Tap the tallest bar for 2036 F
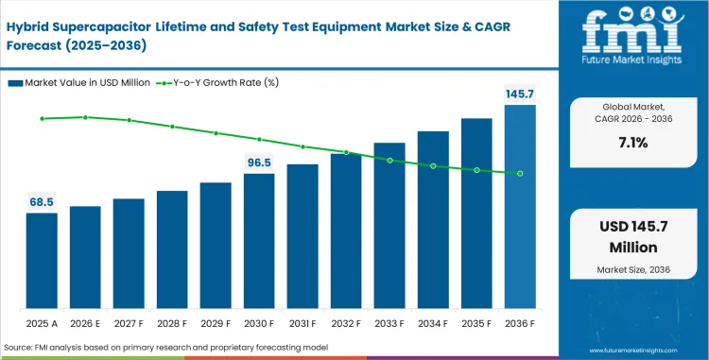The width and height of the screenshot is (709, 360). tap(520, 207)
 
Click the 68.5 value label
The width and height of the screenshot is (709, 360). tap(42, 202)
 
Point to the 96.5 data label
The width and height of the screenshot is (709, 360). tap(259, 163)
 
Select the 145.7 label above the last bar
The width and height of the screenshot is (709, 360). tap(520, 94)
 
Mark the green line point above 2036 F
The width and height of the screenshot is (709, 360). tap(520, 173)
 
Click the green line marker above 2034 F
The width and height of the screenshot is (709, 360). tap(433, 165)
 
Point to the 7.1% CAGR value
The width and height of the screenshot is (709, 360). tap(632, 144)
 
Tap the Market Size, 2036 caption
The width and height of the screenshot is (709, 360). tap(632, 271)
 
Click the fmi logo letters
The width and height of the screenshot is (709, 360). tap(632, 33)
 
